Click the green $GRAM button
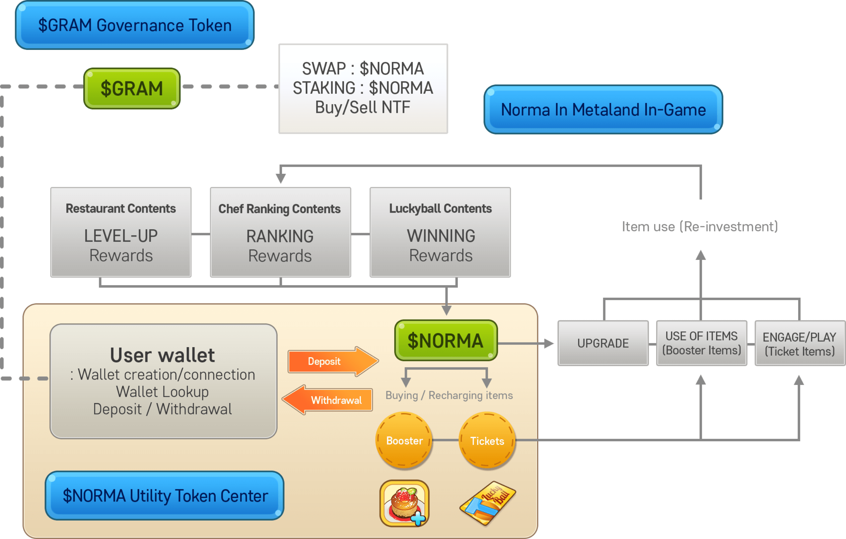pyautogui.click(x=132, y=88)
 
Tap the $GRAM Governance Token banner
pyautogui.click(x=135, y=25)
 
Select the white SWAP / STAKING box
pyautogui.click(x=363, y=88)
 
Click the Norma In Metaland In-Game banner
pyautogui.click(x=603, y=109)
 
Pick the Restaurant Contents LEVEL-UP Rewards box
pyautogui.click(x=121, y=232)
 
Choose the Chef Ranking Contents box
pyautogui.click(x=280, y=232)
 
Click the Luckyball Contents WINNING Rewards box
pyautogui.click(x=440, y=232)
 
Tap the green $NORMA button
pyautogui.click(x=445, y=340)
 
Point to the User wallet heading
pyautogui.click(x=162, y=355)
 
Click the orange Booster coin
pyautogui.click(x=404, y=441)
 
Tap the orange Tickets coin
pyautogui.click(x=487, y=441)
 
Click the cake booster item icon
pyautogui.click(x=404, y=503)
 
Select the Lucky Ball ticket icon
pyautogui.click(x=488, y=503)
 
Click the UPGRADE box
pyautogui.click(x=603, y=343)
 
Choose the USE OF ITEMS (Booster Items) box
pyautogui.click(x=701, y=343)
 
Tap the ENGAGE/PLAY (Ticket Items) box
pyautogui.click(x=799, y=344)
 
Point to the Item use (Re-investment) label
pyautogui.click(x=700, y=227)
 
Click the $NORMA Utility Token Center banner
pyautogui.click(x=165, y=495)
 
